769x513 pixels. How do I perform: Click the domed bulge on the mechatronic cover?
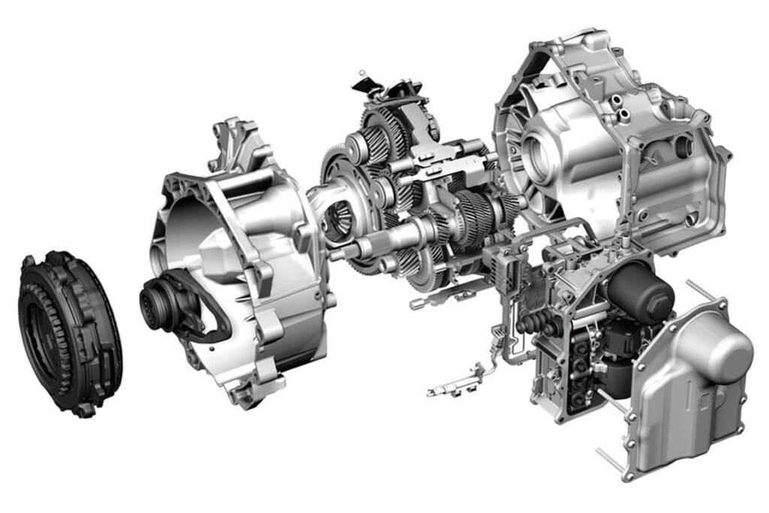(x=721, y=353)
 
